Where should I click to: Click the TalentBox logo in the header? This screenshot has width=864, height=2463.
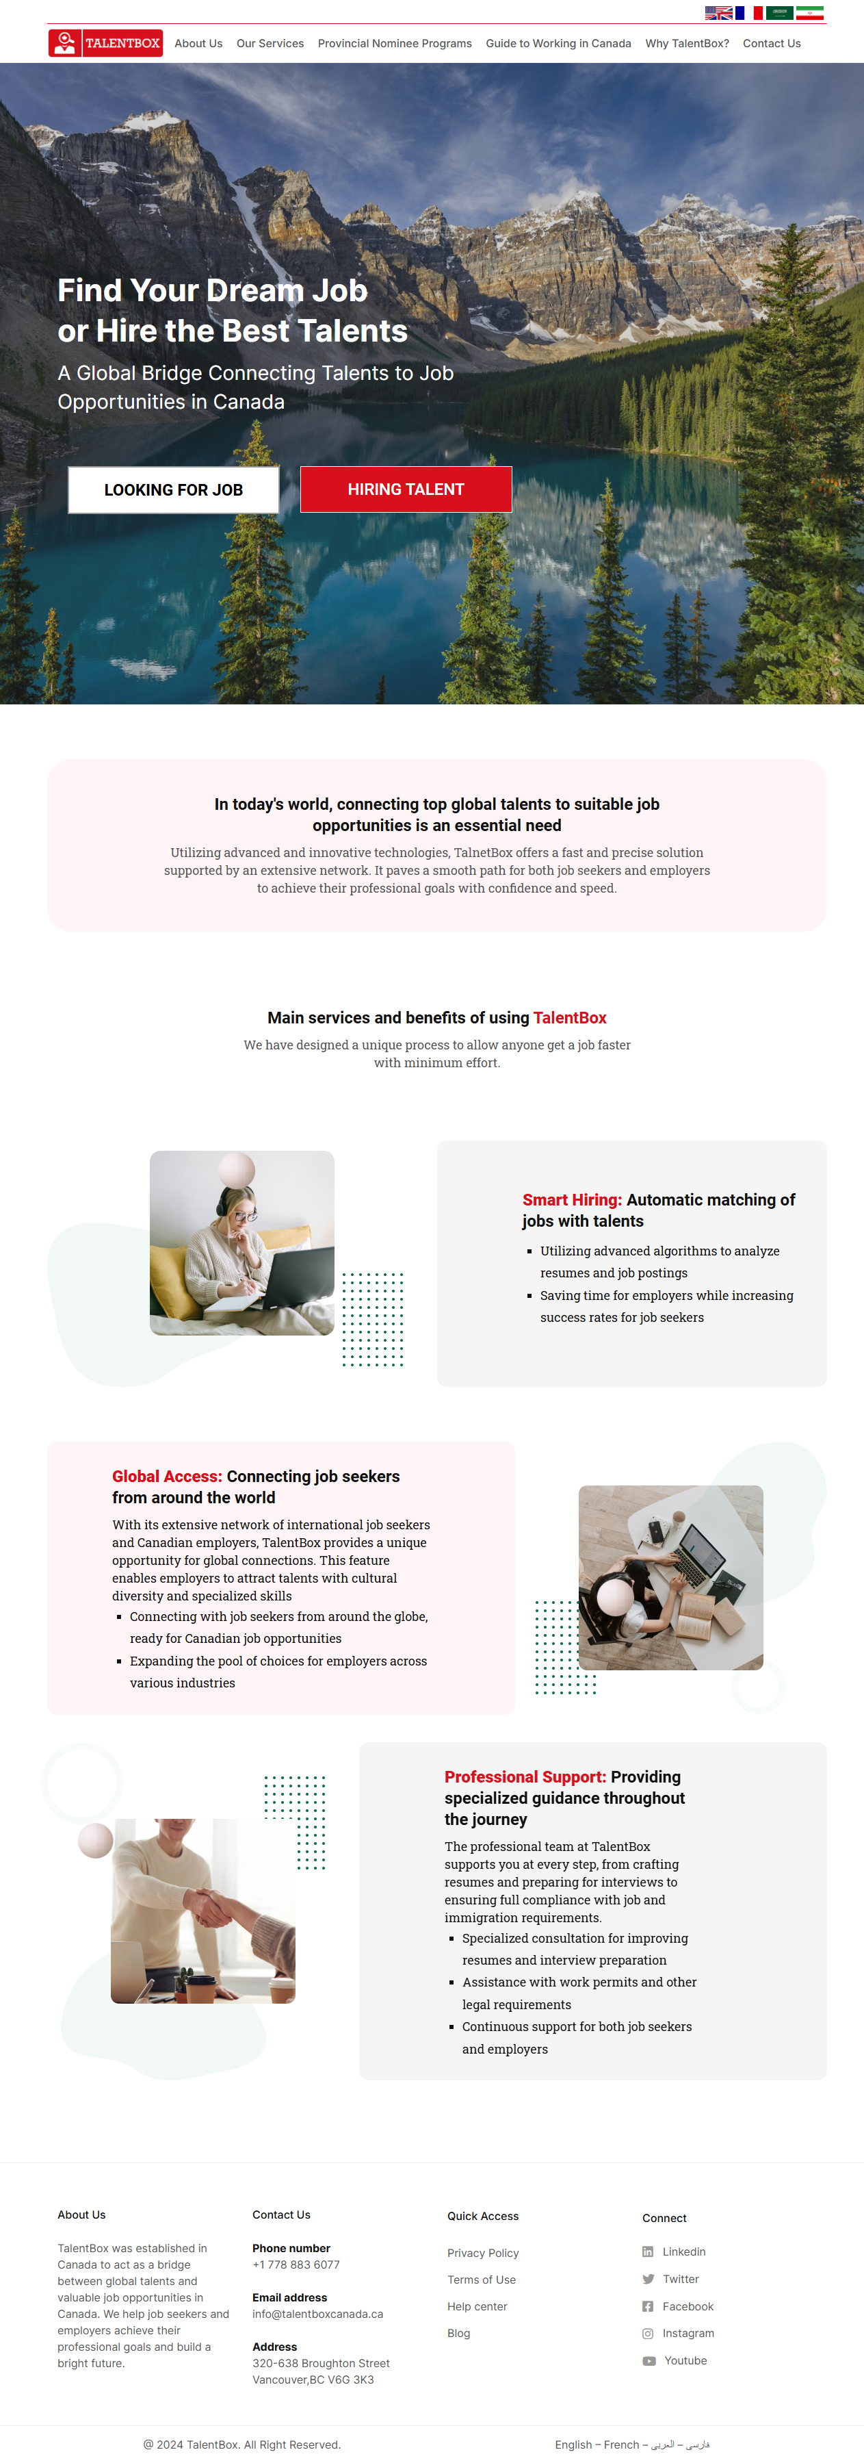tap(105, 43)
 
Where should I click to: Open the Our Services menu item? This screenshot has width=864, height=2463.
tap(270, 44)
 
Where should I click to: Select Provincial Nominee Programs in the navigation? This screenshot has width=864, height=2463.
tap(394, 44)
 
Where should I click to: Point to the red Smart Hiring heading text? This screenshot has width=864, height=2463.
tap(571, 1200)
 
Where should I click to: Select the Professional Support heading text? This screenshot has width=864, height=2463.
tap(525, 1776)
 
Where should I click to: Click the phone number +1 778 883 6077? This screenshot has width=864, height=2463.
tap(296, 2265)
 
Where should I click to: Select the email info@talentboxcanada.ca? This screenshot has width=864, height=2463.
tap(317, 2314)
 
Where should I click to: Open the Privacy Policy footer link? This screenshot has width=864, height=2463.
tap(483, 2253)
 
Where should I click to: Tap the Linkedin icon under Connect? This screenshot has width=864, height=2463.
tap(648, 2251)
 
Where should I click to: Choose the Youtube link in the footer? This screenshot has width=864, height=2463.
tap(685, 2361)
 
